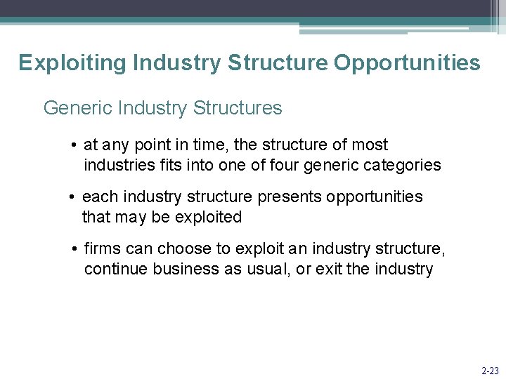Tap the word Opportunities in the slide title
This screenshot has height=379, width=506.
click(x=407, y=63)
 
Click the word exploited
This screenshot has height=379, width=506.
click(x=208, y=218)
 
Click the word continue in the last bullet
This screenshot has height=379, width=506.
click(x=113, y=270)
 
